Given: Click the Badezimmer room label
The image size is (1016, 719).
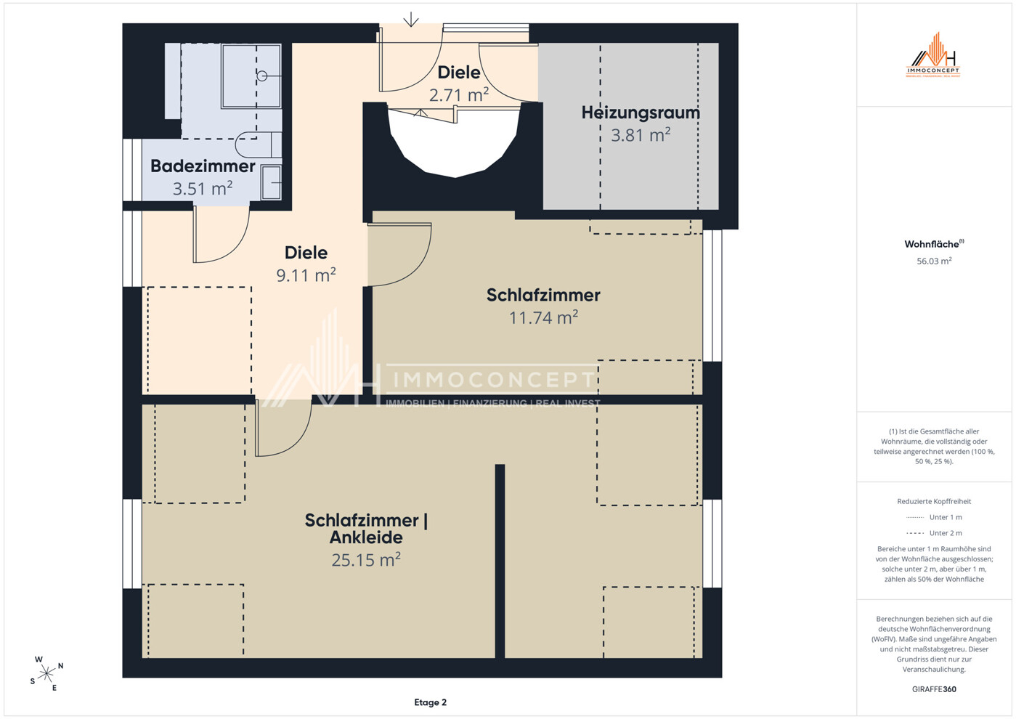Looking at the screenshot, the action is (203, 166).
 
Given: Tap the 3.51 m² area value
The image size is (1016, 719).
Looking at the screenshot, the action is (203, 188).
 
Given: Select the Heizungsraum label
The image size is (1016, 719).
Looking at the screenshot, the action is (641, 113).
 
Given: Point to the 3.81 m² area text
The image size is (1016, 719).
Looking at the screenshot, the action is (641, 135).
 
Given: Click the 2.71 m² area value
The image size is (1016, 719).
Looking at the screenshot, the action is (459, 95).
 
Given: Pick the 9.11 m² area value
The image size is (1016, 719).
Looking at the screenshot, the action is (306, 275).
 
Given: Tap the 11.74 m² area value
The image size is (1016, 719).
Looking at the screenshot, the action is (543, 317).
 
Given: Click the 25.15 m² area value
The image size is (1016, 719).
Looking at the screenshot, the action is (366, 560).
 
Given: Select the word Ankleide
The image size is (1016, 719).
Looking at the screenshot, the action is (366, 537).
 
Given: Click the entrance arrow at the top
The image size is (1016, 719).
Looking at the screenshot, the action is (411, 19).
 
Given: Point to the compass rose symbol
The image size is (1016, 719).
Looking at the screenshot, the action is (46, 674).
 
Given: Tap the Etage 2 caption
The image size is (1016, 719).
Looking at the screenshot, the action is (431, 702).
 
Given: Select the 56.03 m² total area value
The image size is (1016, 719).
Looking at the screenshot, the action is (934, 261).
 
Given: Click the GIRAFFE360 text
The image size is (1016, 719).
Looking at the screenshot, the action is (934, 689).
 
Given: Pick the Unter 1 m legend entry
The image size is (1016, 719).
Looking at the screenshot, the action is (934, 517).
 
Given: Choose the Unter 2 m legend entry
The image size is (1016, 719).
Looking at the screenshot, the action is (934, 533).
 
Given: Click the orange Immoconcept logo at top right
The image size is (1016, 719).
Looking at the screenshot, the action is (933, 55).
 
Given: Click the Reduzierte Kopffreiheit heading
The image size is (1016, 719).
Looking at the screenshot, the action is (934, 501).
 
